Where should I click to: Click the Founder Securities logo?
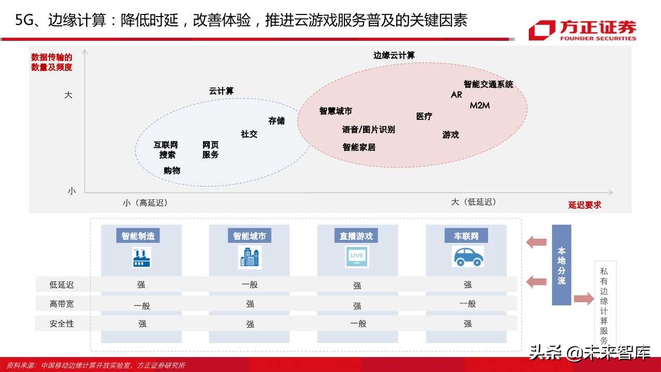coord(582,30)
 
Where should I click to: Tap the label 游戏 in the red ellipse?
coord(450,135)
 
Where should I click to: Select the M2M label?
coord(479,105)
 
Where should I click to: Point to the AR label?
coord(457,95)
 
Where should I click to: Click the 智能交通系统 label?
coord(488,84)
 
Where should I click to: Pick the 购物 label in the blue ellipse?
coord(172,171)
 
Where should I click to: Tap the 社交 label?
coord(249,134)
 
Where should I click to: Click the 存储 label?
coord(276,121)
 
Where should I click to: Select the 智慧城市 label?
coord(336,111)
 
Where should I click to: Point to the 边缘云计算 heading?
coord(394,55)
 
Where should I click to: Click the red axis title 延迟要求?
coord(585,205)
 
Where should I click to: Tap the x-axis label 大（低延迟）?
coord(474,202)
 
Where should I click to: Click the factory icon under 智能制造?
coord(141,257)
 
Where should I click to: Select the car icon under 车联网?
coord(467,256)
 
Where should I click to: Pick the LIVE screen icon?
coord(357,256)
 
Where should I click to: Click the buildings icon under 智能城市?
coord(249,257)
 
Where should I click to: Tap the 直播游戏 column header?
coord(356,236)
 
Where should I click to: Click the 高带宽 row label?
coord(61,304)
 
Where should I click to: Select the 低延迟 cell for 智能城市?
coord(249,285)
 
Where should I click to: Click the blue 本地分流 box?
coord(561,265)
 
